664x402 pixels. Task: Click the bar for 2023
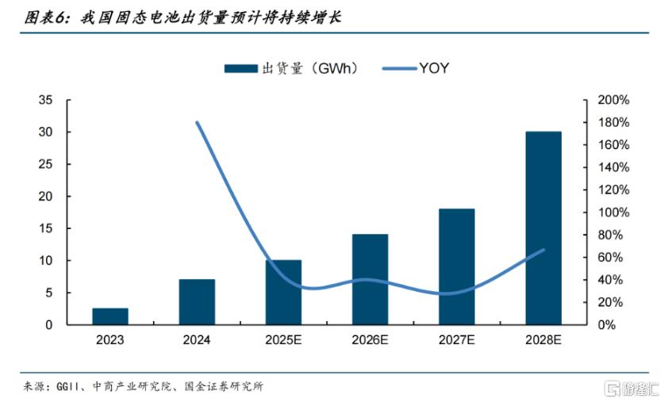(x=109, y=316)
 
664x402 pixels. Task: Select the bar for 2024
(x=196, y=302)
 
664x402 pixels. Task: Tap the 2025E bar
(x=283, y=292)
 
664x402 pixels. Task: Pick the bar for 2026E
(x=370, y=279)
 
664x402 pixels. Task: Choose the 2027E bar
(x=456, y=266)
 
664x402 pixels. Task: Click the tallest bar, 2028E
(x=543, y=228)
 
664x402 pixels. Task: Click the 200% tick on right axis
(x=613, y=100)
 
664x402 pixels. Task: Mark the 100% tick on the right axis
(x=613, y=212)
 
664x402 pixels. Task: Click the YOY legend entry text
(x=434, y=68)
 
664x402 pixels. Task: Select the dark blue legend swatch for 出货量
(x=240, y=68)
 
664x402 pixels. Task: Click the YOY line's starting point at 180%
(x=197, y=123)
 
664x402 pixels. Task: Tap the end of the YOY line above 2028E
(x=543, y=250)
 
